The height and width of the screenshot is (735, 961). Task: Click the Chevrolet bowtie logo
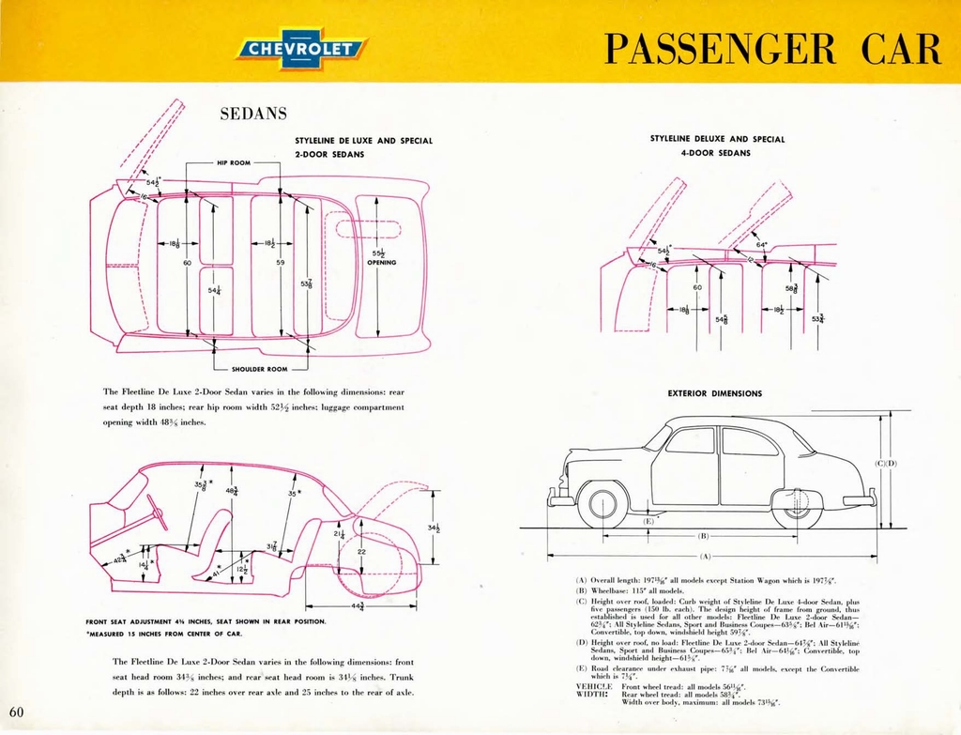click(x=301, y=49)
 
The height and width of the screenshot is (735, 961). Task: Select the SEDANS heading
click(x=253, y=115)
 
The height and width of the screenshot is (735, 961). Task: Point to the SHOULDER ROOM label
click(x=258, y=369)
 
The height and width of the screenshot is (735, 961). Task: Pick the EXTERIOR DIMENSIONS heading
click(x=715, y=393)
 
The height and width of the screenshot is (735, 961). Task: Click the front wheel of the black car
click(x=602, y=505)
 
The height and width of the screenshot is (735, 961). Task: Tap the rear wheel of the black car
click(x=798, y=505)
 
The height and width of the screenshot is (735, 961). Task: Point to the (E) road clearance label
click(x=648, y=520)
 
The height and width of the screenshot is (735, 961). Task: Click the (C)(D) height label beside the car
click(x=886, y=464)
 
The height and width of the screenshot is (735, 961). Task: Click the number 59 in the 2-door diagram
click(x=280, y=263)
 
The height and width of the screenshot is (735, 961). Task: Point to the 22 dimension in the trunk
click(x=361, y=552)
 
